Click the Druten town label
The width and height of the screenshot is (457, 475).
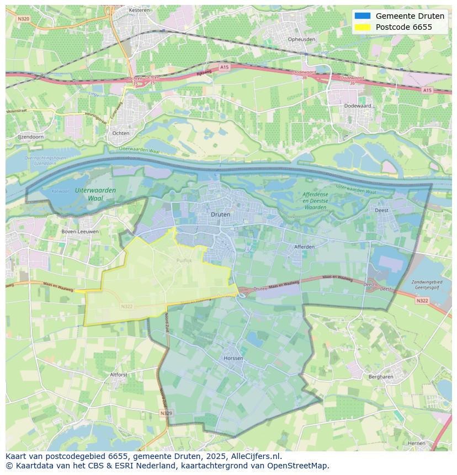pyautogui.click(x=220, y=214)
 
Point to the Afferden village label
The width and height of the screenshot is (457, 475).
pyautogui.click(x=304, y=247)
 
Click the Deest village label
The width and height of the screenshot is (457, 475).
pyautogui.click(x=381, y=210)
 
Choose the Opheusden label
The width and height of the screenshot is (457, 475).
pyautogui.click(x=302, y=39)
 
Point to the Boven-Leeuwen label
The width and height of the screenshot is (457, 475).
pyautogui.click(x=80, y=232)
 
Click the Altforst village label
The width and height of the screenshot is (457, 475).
pyautogui.click(x=119, y=374)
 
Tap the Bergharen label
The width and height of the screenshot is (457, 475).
pyautogui.click(x=380, y=377)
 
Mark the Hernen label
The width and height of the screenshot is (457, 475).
pyautogui.click(x=416, y=443)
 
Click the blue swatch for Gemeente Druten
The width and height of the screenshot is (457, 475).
pyautogui.click(x=363, y=16)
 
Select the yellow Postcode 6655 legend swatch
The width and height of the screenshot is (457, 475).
pyautogui.click(x=363, y=27)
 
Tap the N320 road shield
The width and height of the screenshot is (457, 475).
pyautogui.click(x=23, y=18)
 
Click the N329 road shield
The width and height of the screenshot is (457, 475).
pyautogui.click(x=166, y=413)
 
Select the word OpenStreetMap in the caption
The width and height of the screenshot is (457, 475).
pyautogui.click(x=299, y=466)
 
